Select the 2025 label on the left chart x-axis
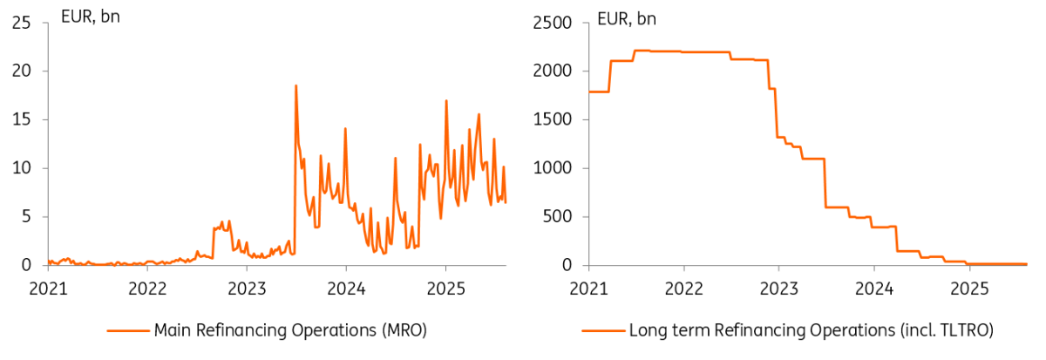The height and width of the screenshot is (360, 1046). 445,286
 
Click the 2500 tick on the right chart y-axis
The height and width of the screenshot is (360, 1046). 554,23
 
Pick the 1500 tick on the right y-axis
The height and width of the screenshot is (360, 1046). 554,119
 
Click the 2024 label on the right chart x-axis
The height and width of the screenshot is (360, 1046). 874,286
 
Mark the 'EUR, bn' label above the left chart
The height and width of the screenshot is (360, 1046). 90,17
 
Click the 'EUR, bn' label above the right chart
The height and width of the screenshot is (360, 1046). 625,17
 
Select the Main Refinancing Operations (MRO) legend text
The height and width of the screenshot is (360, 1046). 290,330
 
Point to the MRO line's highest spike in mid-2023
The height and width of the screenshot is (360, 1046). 295,85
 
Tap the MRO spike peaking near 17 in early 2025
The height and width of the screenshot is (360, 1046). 446,100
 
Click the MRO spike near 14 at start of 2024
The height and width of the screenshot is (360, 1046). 345,129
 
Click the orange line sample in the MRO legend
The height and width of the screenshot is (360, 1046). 128,330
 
